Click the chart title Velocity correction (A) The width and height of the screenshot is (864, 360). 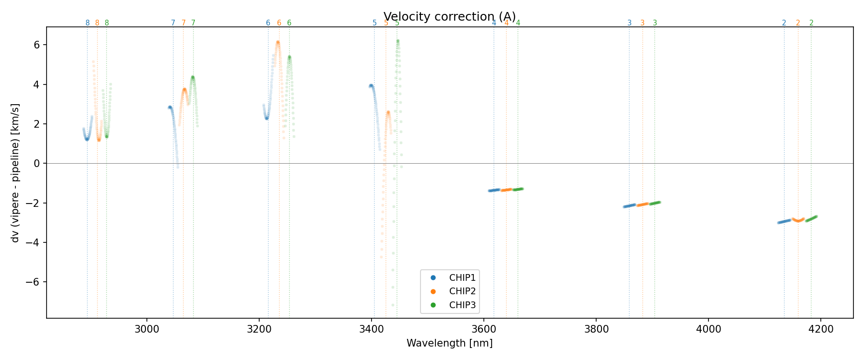pos(449,17)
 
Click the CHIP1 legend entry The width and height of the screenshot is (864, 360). pos(462,277)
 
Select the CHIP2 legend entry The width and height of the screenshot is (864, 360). pos(462,291)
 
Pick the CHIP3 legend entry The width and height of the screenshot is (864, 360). pos(462,305)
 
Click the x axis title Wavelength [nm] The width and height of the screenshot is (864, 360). pos(449,343)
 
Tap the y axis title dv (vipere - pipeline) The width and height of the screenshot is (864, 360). pos(15,173)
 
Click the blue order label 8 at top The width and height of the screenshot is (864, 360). pos(87,23)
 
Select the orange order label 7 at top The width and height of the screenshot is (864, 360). pos(183,23)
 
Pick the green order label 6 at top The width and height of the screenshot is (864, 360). pos(289,23)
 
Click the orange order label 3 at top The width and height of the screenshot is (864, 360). pos(642,23)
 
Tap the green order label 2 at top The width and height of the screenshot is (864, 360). pos(811,23)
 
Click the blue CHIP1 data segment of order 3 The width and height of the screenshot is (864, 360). pos(629,206)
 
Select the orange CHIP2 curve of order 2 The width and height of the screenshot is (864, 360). pos(798,220)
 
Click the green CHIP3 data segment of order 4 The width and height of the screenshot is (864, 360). pos(518,189)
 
